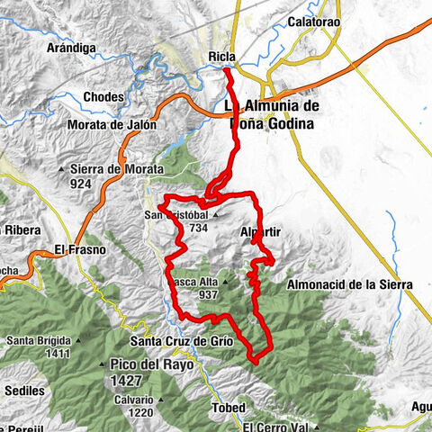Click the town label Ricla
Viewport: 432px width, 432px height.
[221, 58]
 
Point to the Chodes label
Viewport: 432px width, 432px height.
[125, 96]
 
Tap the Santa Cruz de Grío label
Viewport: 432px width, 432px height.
[183, 342]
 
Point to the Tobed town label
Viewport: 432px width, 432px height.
[229, 408]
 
